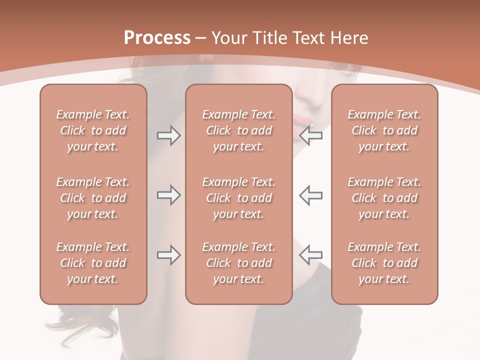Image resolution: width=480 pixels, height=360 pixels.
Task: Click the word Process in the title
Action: tap(157, 38)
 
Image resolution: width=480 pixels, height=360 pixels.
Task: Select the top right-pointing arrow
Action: tap(168, 136)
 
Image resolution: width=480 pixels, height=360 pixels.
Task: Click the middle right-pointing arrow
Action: tap(168, 195)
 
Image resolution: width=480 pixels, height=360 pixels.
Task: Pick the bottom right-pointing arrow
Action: tap(168, 255)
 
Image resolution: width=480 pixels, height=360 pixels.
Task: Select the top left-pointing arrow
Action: tap(311, 136)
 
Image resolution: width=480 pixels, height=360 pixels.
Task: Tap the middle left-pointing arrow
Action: tap(311, 195)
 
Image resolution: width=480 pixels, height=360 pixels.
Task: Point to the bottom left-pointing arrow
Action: tap(311, 255)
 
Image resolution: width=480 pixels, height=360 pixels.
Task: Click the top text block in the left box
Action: tap(93, 130)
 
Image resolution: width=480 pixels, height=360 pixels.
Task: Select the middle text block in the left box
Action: tap(93, 198)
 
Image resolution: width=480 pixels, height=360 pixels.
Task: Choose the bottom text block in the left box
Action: tap(93, 263)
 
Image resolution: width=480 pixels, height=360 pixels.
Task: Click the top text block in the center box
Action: tap(238, 130)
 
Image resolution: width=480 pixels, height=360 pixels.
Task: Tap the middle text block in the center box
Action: tap(238, 198)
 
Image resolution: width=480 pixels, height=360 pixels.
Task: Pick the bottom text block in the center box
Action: tap(238, 263)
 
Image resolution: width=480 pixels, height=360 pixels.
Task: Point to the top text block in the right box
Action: tap(384, 130)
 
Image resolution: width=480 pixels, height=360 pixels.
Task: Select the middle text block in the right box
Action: tap(384, 198)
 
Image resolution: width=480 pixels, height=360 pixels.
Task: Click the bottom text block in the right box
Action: tap(384, 263)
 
